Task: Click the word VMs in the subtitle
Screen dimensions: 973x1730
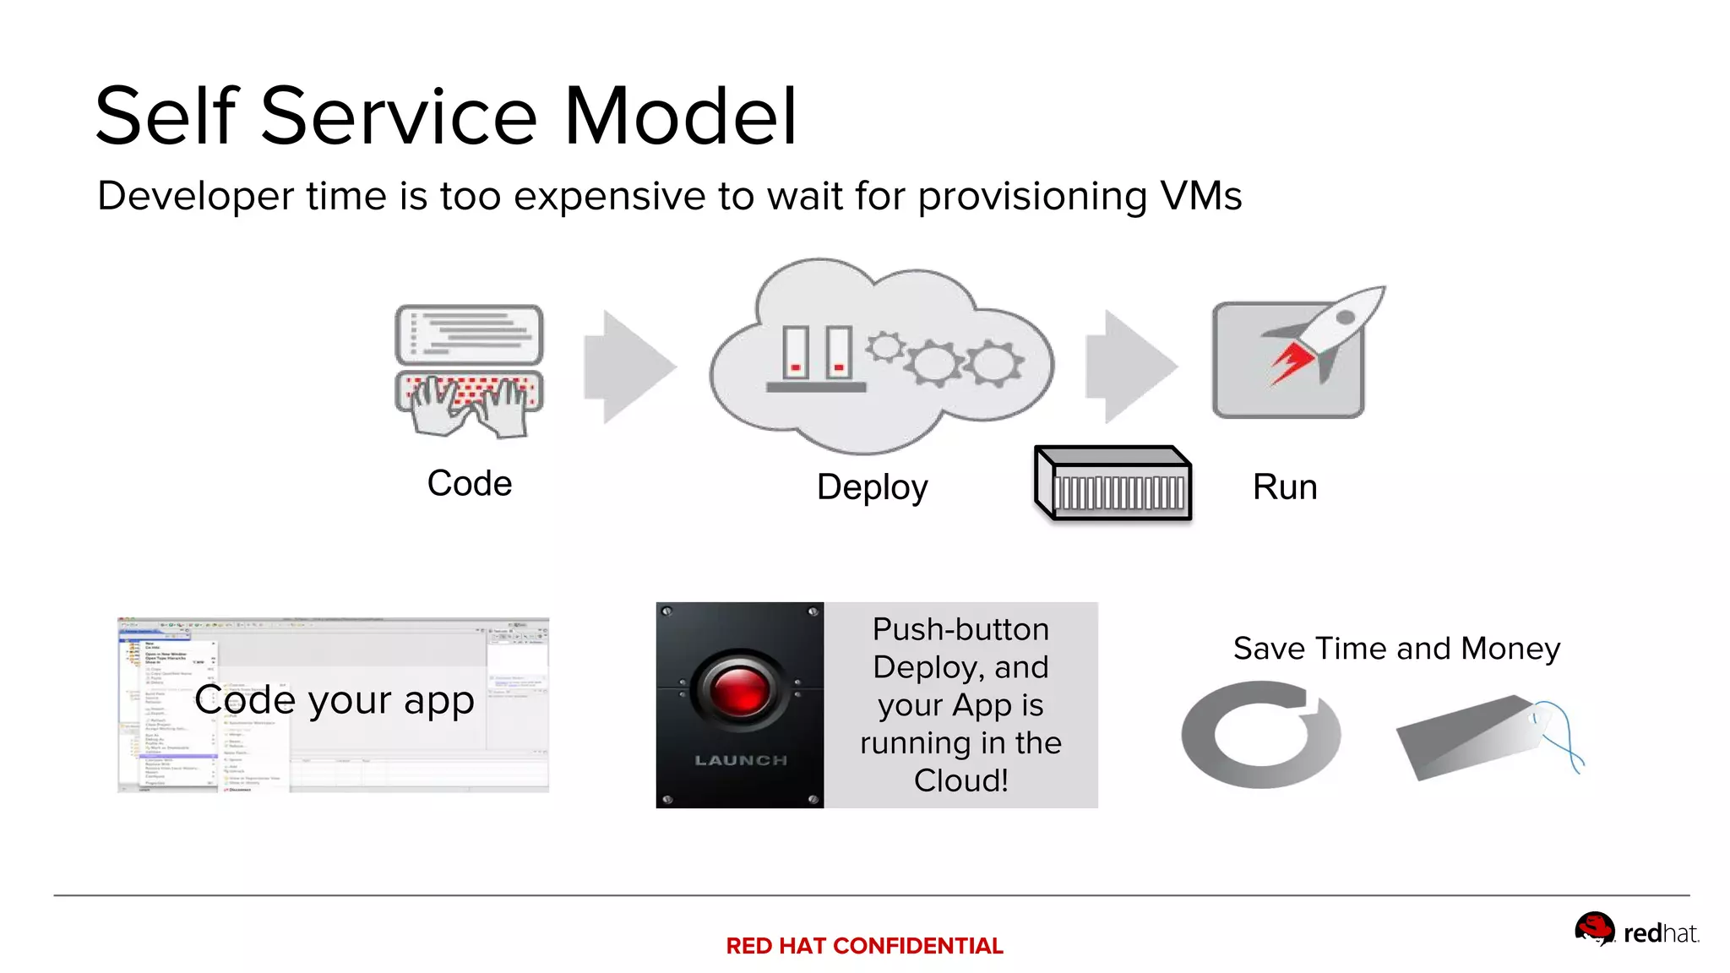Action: point(1200,196)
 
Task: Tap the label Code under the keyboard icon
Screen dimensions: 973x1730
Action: point(470,484)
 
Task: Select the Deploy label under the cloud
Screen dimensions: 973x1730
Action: point(872,488)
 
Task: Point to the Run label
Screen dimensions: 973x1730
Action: point(1284,487)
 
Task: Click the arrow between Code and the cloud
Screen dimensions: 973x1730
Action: point(628,367)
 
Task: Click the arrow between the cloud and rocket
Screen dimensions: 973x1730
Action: point(1129,367)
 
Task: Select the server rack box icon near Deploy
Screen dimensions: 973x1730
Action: point(1113,484)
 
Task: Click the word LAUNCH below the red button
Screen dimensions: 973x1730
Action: point(741,760)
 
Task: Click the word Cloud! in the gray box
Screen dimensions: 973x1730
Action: point(960,780)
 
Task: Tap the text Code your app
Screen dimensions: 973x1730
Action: point(335,700)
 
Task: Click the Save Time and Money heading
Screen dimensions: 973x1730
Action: point(1396,649)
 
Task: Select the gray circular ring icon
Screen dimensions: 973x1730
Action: point(1260,735)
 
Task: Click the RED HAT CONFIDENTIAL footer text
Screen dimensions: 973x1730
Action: point(864,946)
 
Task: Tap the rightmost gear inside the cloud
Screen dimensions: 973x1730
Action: point(994,363)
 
